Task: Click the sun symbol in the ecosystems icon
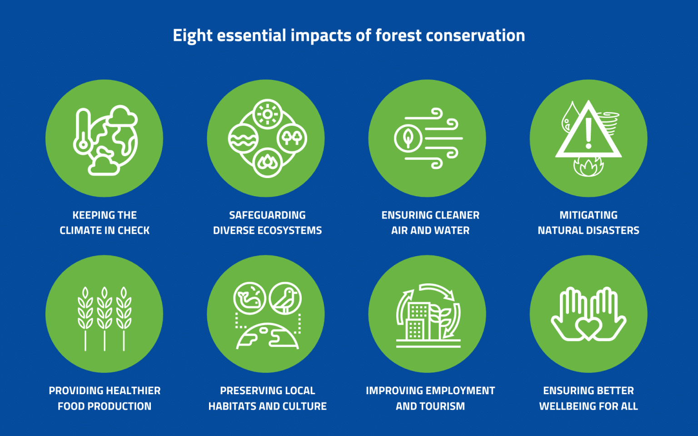(267, 114)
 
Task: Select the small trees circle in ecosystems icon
(292, 138)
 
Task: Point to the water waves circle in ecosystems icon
(243, 139)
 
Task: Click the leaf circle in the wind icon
(408, 138)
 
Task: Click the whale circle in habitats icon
(249, 298)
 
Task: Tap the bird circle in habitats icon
(285, 298)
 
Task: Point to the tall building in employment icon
(417, 321)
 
